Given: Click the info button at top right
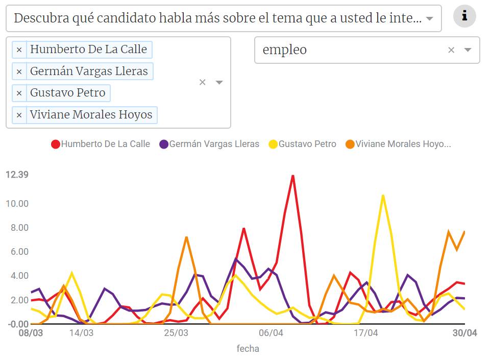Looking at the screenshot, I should pyautogui.click(x=464, y=16).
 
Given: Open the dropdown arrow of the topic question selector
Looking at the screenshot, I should pyautogui.click(x=430, y=19).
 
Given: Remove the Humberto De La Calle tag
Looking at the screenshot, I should pyautogui.click(x=19, y=50).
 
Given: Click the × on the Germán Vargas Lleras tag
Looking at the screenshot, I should pyautogui.click(x=19, y=71).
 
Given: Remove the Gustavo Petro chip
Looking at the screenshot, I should pyautogui.click(x=19, y=93).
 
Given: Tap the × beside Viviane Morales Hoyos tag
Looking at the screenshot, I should pyautogui.click(x=19, y=115).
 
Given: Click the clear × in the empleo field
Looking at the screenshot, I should pyautogui.click(x=451, y=50).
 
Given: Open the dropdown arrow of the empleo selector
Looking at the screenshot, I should pyautogui.click(x=468, y=50).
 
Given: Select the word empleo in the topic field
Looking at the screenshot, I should pyautogui.click(x=284, y=50).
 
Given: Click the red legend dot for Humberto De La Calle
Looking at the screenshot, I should pyautogui.click(x=56, y=145).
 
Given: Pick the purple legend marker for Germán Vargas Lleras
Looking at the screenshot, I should pyautogui.click(x=164, y=145).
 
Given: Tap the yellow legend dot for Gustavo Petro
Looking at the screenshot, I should pyautogui.click(x=273, y=145).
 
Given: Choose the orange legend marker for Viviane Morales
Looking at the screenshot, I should pyautogui.click(x=350, y=145).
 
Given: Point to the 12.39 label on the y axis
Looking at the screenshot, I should pyautogui.click(x=17, y=175).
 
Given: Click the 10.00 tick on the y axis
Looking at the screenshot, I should pyautogui.click(x=17, y=204).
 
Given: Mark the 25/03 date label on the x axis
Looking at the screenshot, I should pyautogui.click(x=176, y=333).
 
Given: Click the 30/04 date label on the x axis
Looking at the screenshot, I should pyautogui.click(x=465, y=333).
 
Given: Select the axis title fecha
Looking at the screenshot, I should pyautogui.click(x=248, y=349).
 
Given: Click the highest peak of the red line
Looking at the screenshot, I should pyautogui.click(x=292, y=176).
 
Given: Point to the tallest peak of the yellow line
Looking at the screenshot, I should pyautogui.click(x=383, y=196).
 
